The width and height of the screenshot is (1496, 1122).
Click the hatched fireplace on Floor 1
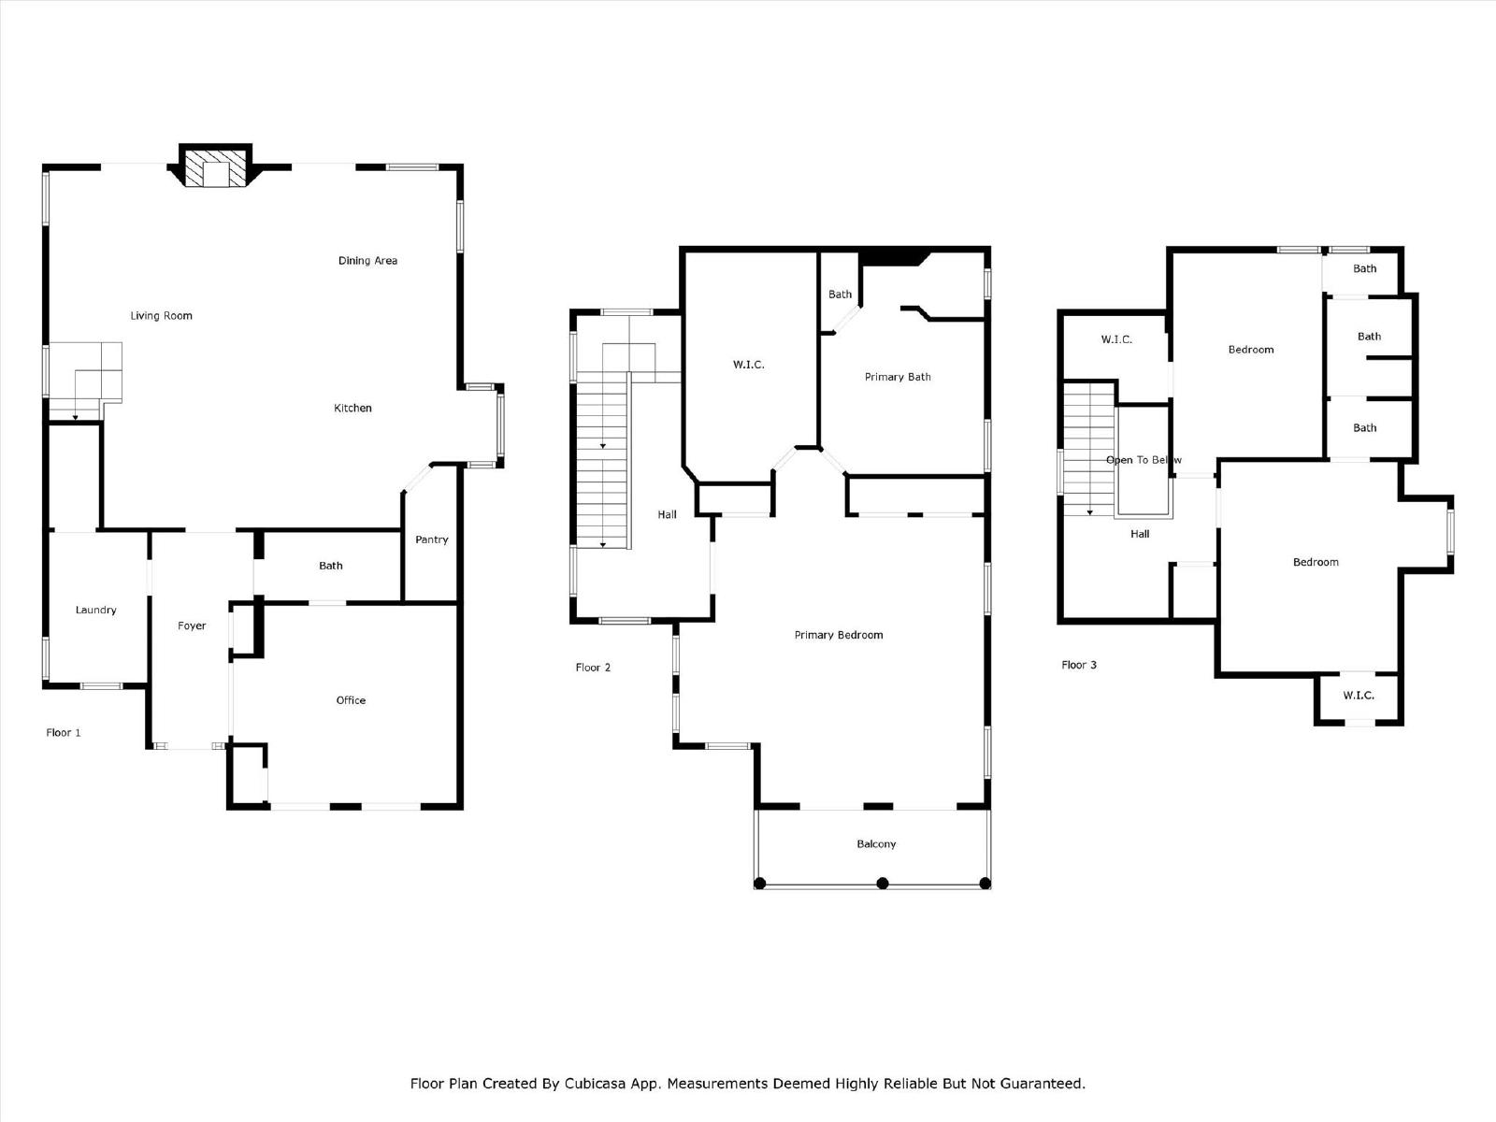[215, 167]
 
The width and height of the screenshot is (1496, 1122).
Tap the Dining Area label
[367, 260]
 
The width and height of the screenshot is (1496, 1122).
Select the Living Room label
[161, 315]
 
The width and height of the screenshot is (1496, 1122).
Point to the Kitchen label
[352, 408]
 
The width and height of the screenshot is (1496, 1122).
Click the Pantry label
[431, 539]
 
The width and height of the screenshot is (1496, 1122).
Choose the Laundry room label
[95, 610]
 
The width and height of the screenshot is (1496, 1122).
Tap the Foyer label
[192, 626]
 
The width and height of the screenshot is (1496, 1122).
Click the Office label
[351, 700]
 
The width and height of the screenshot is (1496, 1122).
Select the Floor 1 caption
[64, 732]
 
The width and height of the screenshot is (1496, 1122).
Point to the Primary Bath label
[898, 377]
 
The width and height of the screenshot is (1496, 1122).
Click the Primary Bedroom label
[839, 635]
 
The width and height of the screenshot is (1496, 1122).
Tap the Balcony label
[876, 844]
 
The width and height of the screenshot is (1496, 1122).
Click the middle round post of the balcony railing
[883, 884]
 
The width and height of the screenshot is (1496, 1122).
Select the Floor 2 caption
[593, 667]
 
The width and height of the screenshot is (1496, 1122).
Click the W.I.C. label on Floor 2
[748, 365]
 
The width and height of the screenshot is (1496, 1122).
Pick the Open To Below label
[1144, 460]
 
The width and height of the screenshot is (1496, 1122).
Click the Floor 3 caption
[1079, 665]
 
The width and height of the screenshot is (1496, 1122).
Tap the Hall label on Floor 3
[1140, 534]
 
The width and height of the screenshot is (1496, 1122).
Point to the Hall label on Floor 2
[667, 514]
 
